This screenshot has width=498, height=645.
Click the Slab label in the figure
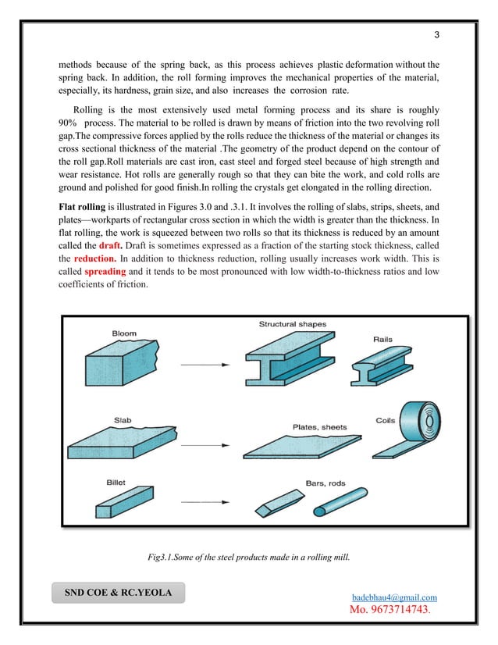[x=122, y=420]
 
